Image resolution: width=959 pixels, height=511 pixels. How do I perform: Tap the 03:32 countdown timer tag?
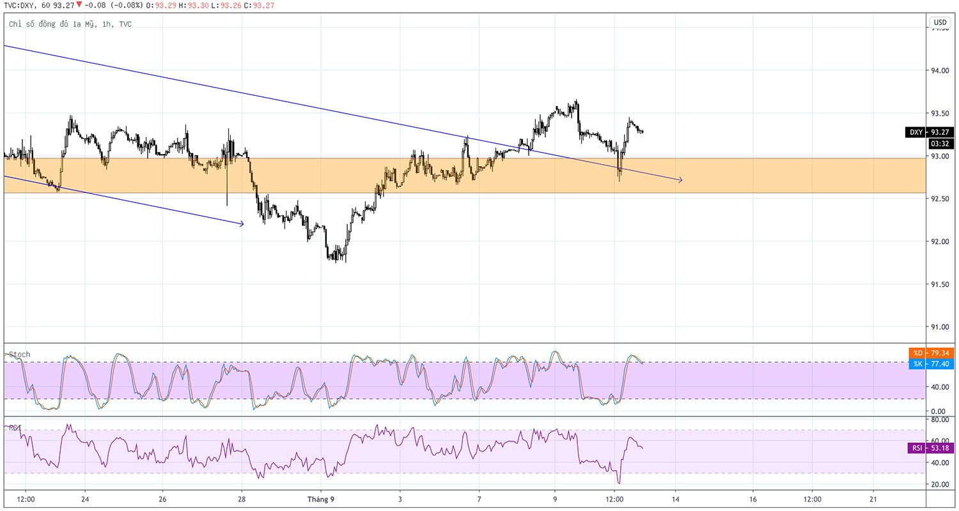(x=939, y=144)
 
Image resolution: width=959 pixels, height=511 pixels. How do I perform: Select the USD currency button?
(x=940, y=22)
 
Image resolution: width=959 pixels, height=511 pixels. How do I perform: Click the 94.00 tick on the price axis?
(x=939, y=70)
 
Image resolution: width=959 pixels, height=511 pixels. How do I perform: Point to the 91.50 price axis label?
(x=939, y=284)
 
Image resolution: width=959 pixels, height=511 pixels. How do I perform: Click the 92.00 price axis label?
(x=939, y=241)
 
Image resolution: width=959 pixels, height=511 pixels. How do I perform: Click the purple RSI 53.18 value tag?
(x=930, y=448)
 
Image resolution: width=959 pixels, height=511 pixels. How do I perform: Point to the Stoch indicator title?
(x=19, y=355)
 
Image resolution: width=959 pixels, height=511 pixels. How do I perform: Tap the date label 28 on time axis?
(x=242, y=500)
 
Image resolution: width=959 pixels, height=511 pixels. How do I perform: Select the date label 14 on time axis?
(x=676, y=500)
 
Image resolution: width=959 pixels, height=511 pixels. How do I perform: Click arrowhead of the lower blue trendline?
(x=242, y=224)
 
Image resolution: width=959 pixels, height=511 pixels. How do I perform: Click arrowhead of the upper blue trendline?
(x=680, y=180)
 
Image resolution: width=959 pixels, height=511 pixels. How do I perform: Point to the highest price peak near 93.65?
(x=577, y=100)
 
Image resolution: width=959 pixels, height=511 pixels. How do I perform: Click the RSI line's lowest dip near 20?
(x=619, y=483)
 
